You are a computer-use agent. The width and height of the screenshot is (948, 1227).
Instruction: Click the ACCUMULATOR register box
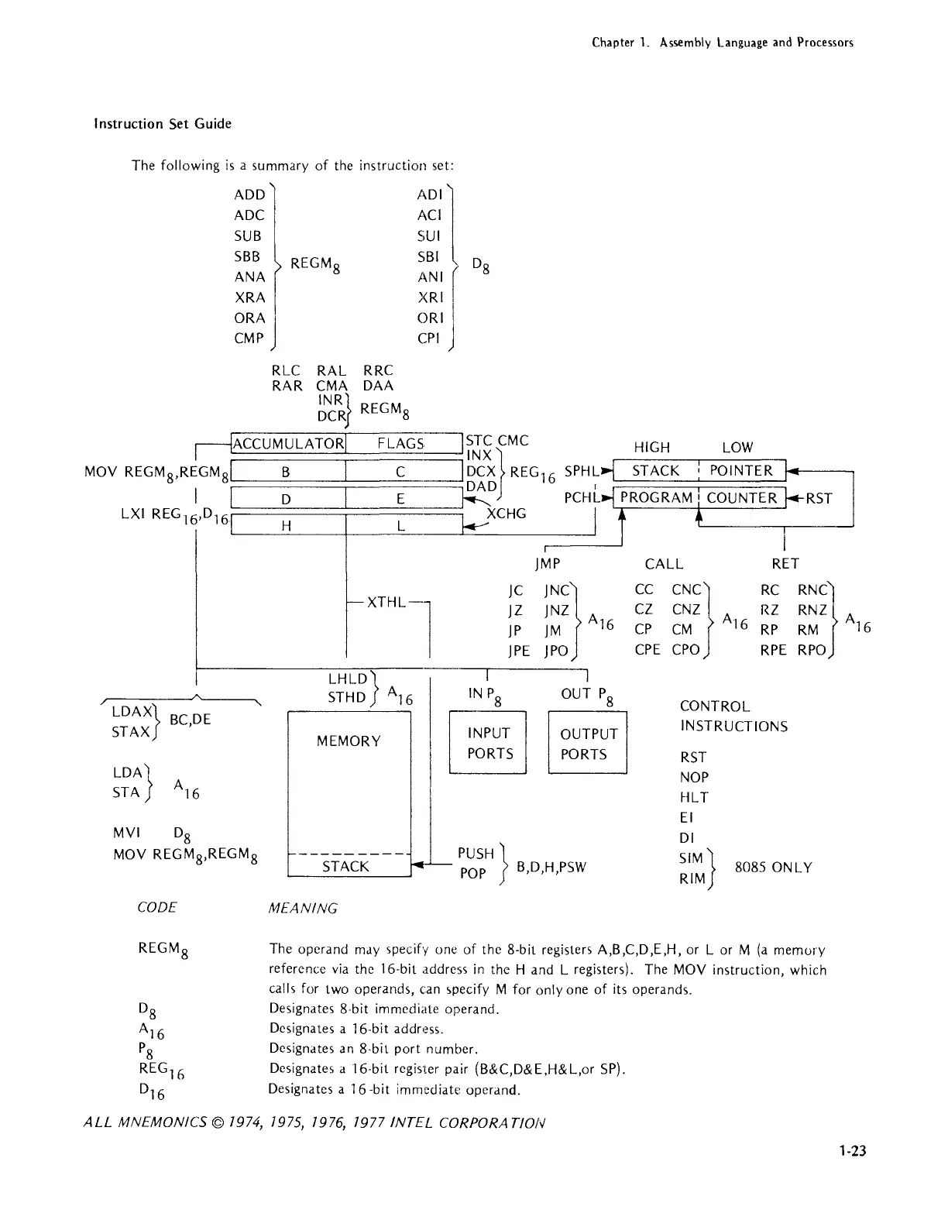tap(289, 443)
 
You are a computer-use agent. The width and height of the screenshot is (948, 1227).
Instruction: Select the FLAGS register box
tap(401, 443)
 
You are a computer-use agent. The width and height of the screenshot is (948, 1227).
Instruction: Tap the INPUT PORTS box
tap(489, 743)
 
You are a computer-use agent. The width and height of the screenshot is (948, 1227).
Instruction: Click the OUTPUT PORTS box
tap(588, 744)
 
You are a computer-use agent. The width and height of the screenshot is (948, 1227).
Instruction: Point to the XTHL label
tap(386, 602)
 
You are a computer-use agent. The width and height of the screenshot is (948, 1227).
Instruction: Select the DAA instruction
tap(378, 386)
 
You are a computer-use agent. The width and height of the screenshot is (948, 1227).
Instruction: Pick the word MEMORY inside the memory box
tap(349, 741)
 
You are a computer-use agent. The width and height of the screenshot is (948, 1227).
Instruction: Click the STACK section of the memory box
tap(345, 866)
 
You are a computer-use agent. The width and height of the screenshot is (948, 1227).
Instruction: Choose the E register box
tap(400, 499)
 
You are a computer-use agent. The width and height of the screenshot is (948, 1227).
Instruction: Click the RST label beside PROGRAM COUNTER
tap(819, 498)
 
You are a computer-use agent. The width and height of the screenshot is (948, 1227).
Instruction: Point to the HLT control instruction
tap(694, 797)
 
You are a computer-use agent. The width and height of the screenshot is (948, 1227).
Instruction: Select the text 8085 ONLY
tap(773, 868)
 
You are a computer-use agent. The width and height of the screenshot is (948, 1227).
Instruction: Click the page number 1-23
tap(852, 1151)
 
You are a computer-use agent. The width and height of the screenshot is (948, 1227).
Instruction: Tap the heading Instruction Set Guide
tap(163, 124)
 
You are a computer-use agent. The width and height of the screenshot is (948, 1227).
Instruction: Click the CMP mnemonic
tap(249, 339)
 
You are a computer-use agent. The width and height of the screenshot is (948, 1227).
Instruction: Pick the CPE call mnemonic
tap(647, 650)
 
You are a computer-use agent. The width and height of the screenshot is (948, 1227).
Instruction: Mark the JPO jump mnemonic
tap(558, 651)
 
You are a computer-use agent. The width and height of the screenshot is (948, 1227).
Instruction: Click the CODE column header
tap(156, 907)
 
